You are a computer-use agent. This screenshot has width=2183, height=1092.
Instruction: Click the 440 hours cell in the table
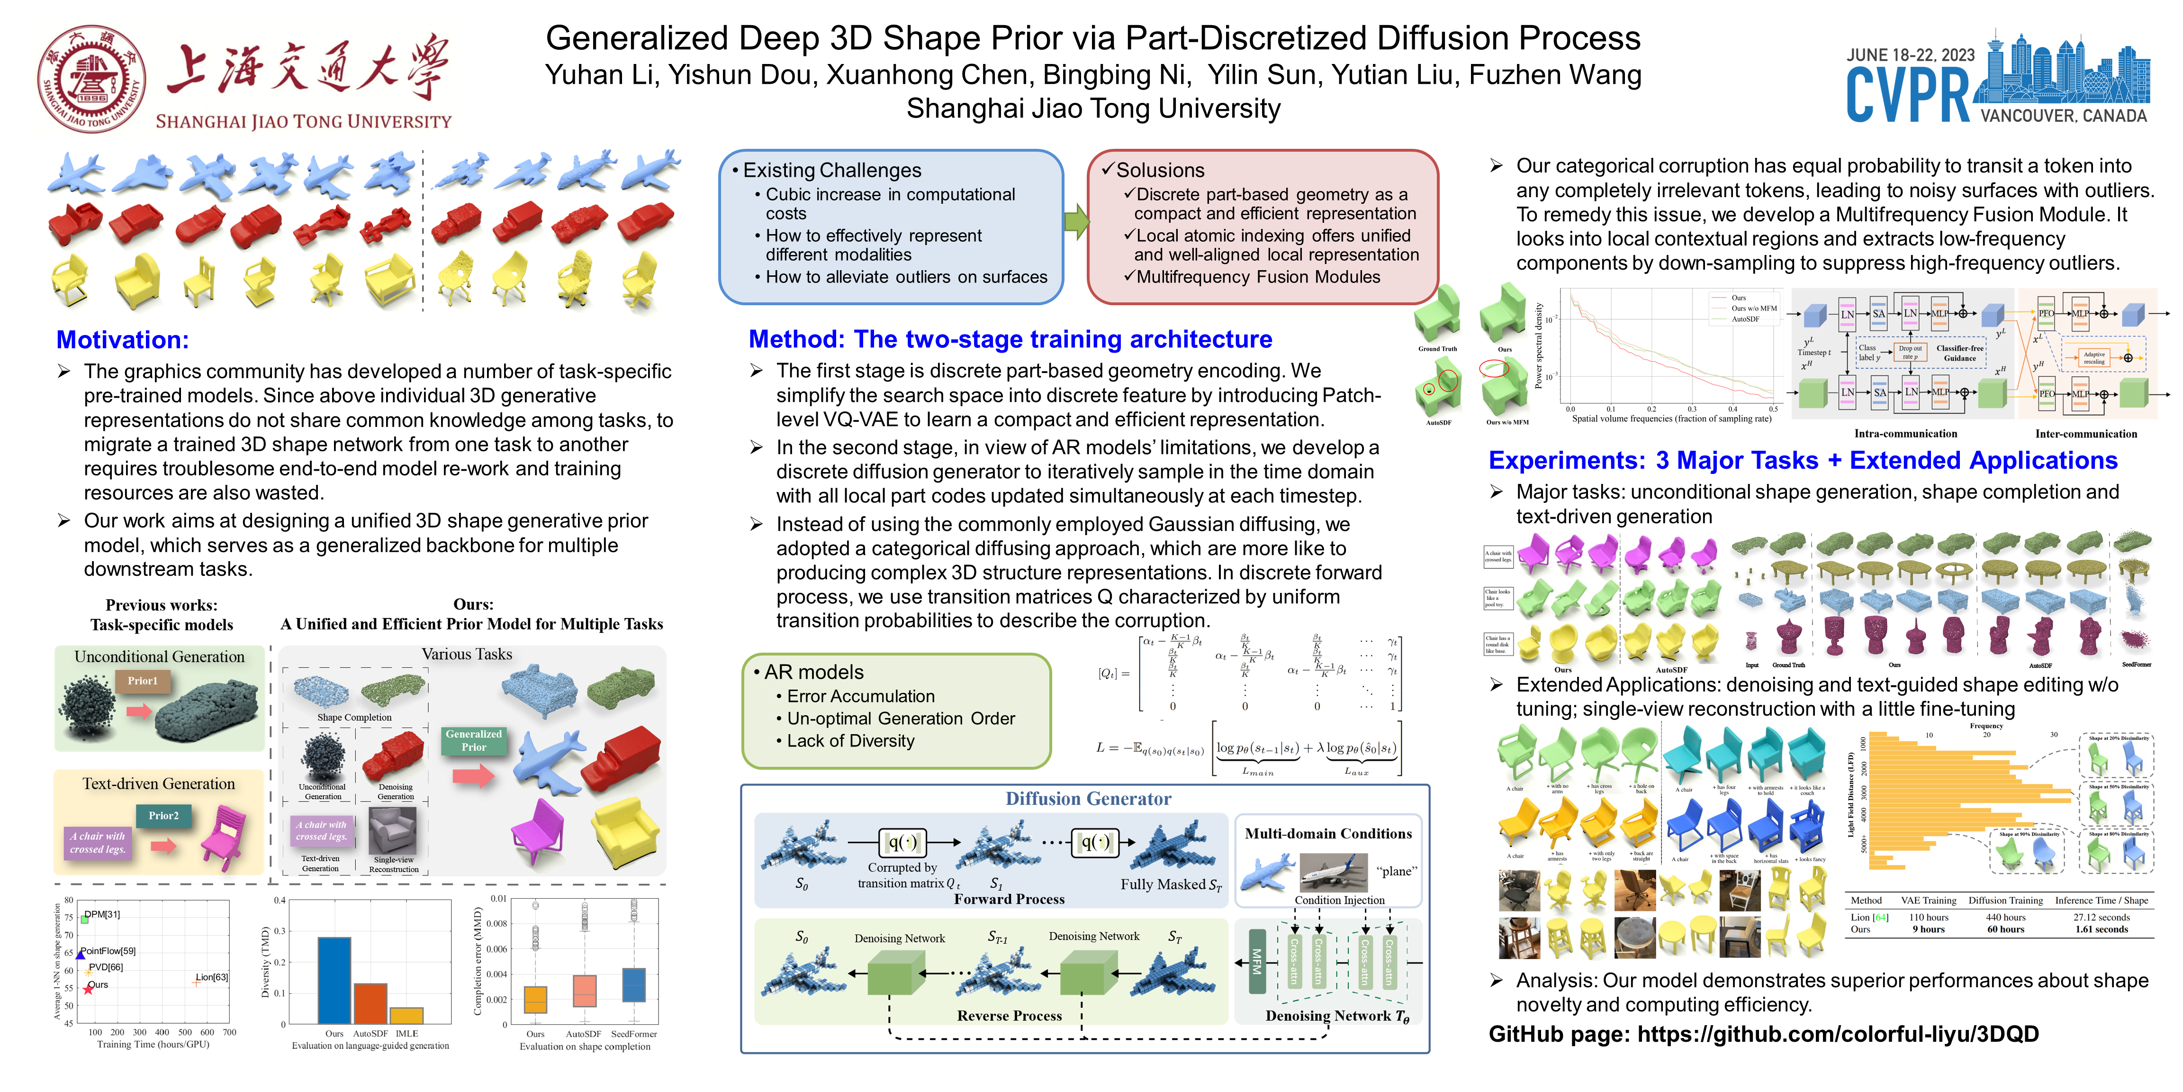pyautogui.click(x=2005, y=918)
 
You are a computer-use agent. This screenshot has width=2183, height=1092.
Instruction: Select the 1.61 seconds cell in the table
pyautogui.click(x=2102, y=929)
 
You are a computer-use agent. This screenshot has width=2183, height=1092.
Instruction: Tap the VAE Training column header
pyautogui.click(x=1928, y=901)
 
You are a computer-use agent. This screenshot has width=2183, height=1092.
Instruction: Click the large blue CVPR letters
pyautogui.click(x=1908, y=95)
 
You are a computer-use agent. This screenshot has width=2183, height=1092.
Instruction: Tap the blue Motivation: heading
pyautogui.click(x=123, y=340)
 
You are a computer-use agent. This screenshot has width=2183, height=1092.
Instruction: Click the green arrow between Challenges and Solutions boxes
pyautogui.click(x=1075, y=222)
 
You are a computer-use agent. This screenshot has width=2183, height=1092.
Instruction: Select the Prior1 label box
pyautogui.click(x=143, y=681)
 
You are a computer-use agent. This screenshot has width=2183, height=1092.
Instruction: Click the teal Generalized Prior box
pyautogui.click(x=474, y=740)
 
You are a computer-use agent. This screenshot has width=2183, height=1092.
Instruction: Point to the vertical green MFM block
pyautogui.click(x=1257, y=962)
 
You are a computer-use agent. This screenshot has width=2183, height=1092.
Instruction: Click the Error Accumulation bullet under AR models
pyautogui.click(x=860, y=696)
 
